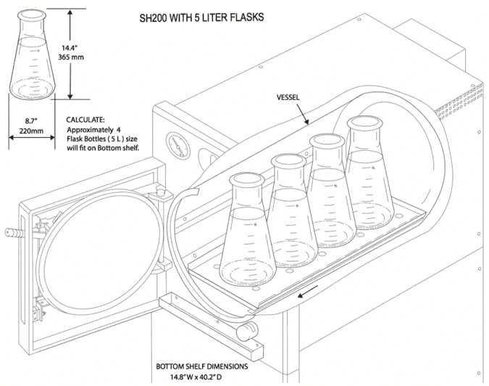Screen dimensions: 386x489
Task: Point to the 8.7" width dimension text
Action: (x=32, y=119)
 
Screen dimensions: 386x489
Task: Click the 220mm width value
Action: (x=32, y=131)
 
